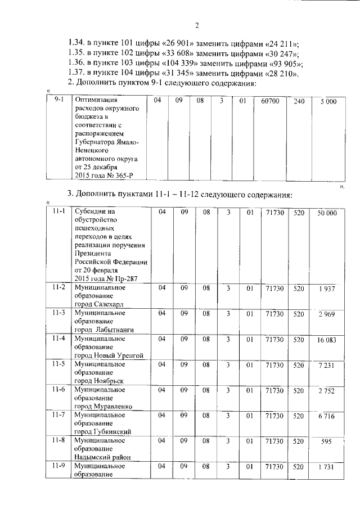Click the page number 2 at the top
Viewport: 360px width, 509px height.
(197, 25)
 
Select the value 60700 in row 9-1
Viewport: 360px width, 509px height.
(270, 101)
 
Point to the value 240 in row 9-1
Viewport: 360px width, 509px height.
(299, 101)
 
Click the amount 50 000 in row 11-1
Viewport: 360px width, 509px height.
(327, 213)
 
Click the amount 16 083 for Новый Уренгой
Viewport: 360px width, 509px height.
(326, 340)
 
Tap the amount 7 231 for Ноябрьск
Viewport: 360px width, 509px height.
(326, 366)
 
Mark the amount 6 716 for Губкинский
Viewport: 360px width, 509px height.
(326, 417)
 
